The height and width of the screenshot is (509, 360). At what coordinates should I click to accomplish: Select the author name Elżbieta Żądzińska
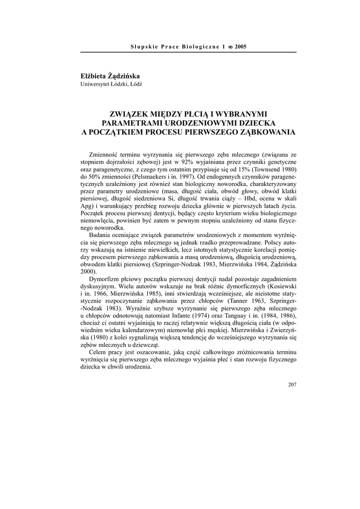(110, 76)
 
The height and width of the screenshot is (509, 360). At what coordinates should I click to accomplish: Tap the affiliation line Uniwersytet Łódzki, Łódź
(111, 85)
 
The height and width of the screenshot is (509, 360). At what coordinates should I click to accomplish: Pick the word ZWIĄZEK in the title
(130, 114)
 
